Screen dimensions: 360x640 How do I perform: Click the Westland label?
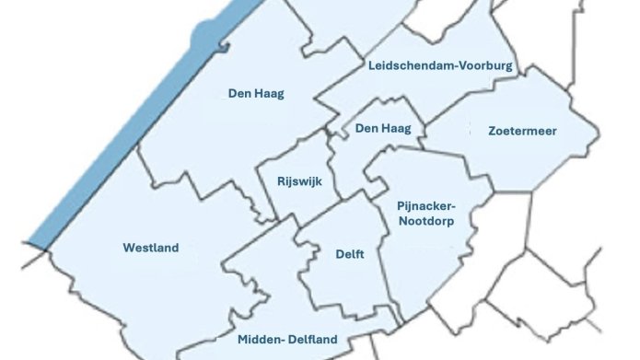[151, 248]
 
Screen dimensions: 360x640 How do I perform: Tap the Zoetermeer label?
[522, 132]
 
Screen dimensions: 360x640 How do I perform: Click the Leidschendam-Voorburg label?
[440, 66]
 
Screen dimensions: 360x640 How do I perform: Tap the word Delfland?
[312, 340]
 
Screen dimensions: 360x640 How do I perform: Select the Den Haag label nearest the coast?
[256, 93]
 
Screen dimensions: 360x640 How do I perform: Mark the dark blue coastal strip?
[111, 138]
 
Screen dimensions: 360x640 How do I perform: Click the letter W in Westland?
[128, 248]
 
